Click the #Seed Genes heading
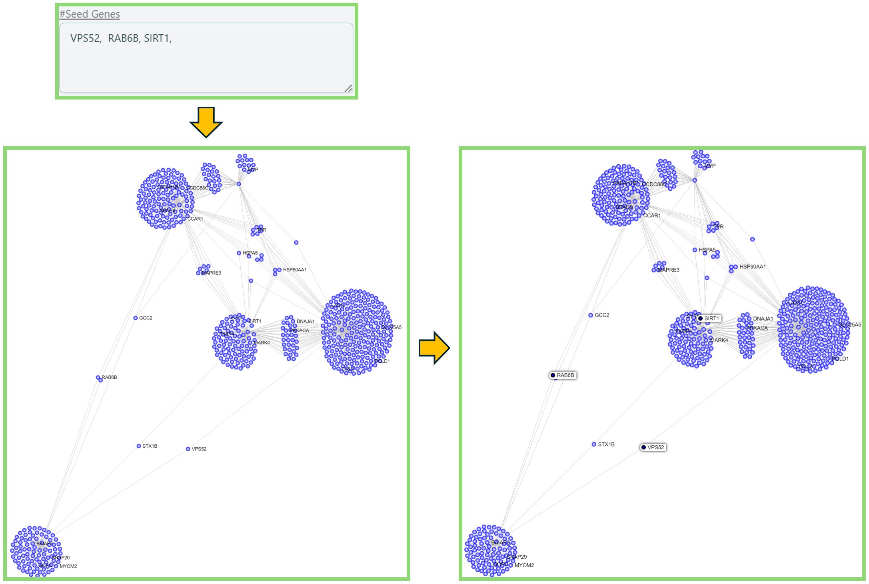pos(90,14)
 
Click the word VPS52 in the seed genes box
pos(85,38)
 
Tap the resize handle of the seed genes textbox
pos(348,88)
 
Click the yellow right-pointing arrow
pos(434,347)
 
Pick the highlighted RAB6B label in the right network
pos(565,375)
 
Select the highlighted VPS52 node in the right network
pos(643,447)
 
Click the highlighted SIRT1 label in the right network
pos(711,319)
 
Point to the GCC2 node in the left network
pos(136,318)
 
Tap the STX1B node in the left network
pos(139,446)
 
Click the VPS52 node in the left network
pos(188,449)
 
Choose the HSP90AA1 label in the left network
pos(295,270)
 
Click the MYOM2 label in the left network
pos(68,566)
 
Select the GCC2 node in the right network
pos(591,315)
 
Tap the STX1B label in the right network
pos(606,444)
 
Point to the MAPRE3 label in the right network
pos(669,270)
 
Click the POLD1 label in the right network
pos(840,359)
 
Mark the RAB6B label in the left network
pos(109,378)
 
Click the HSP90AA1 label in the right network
pos(753,267)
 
